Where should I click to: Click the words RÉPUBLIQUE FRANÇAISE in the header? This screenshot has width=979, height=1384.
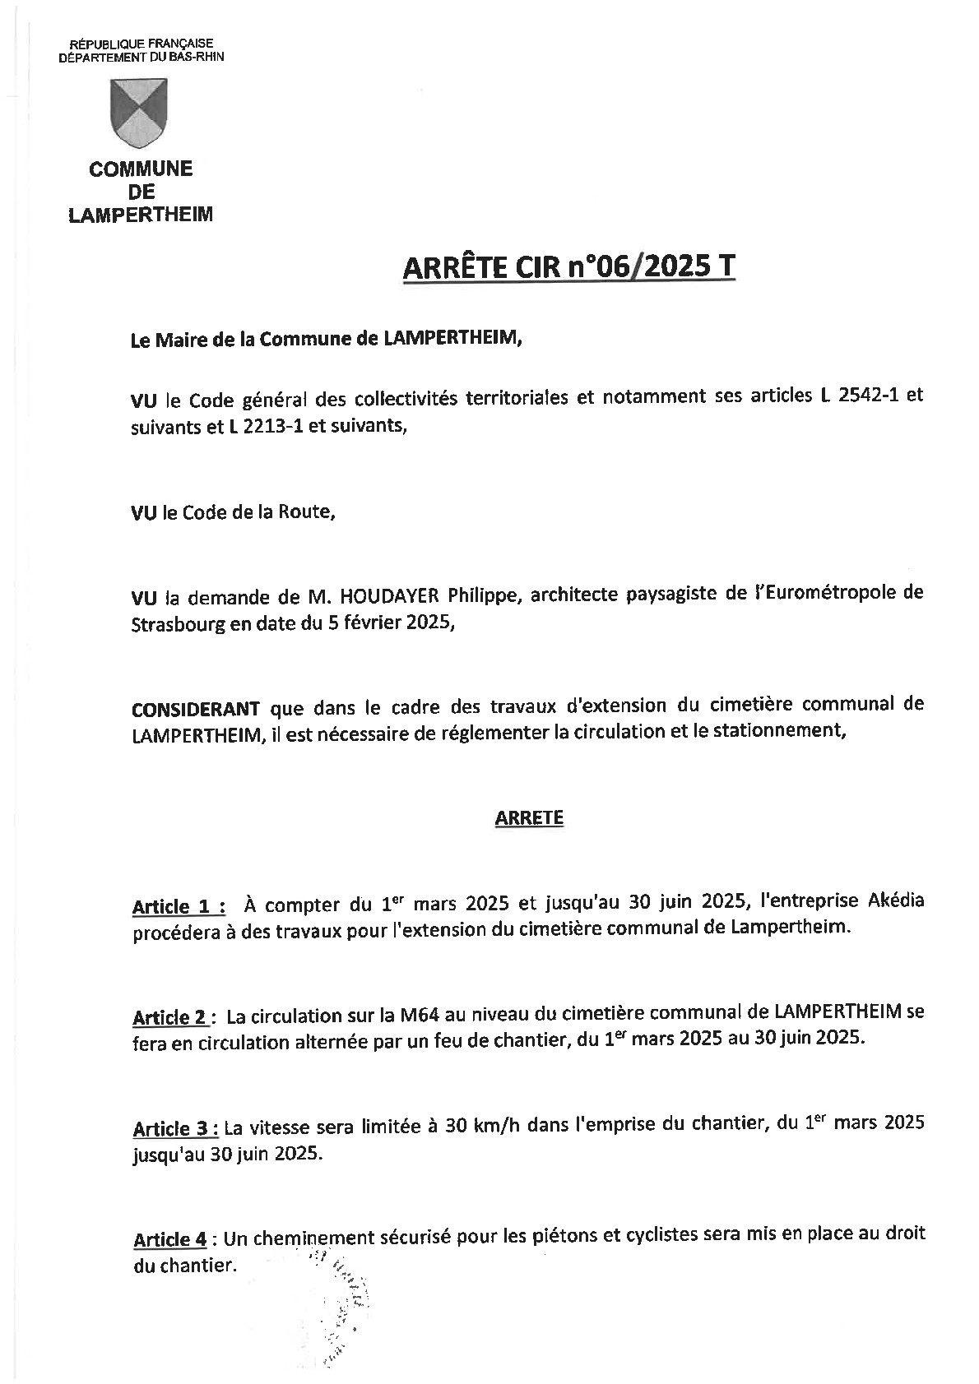pyautogui.click(x=141, y=44)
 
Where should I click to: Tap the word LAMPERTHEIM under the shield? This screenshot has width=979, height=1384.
pyautogui.click(x=141, y=215)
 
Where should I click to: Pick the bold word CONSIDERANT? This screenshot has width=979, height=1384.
pyautogui.click(x=196, y=707)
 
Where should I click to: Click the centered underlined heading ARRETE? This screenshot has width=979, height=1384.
pyautogui.click(x=529, y=817)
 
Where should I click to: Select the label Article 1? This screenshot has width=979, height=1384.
pyautogui.click(x=174, y=907)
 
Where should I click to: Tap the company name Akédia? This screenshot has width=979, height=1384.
pyautogui.click(x=896, y=900)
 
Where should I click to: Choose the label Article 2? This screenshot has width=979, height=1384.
pyautogui.click(x=170, y=1017)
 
